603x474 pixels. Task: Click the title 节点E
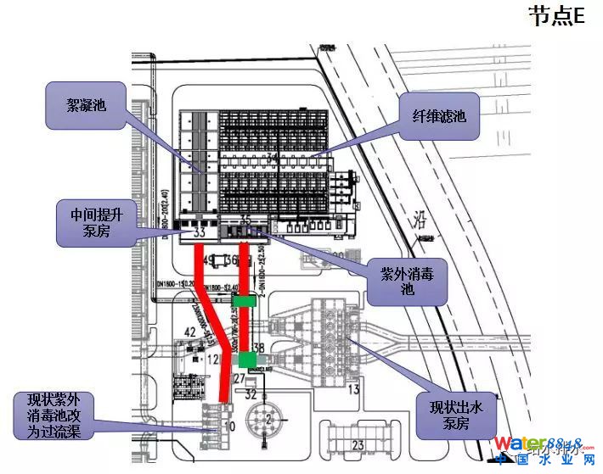point(557,16)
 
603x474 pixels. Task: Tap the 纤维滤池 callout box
point(439,116)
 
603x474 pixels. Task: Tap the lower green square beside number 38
point(248,360)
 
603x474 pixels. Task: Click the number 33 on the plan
point(200,231)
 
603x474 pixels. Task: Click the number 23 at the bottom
point(358,444)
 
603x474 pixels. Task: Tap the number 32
point(251,394)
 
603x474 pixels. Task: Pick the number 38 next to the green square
point(259,348)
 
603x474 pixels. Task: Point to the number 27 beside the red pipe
point(239,377)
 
